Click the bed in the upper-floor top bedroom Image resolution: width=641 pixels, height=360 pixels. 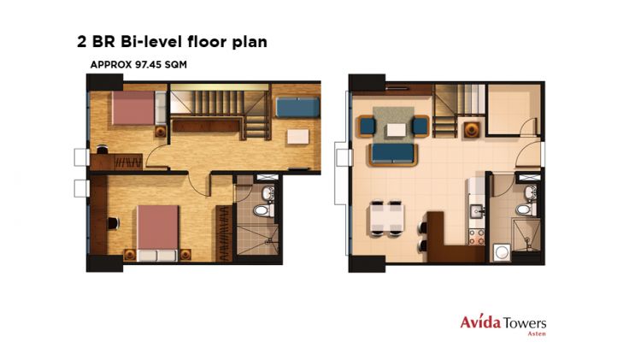click(x=133, y=110)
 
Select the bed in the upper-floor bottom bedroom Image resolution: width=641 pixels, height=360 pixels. click(x=156, y=228)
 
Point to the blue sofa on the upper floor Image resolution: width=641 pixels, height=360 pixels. click(x=297, y=108)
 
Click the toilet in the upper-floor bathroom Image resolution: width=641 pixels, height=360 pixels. click(x=263, y=208)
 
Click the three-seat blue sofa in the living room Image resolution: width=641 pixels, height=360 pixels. click(x=392, y=154)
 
